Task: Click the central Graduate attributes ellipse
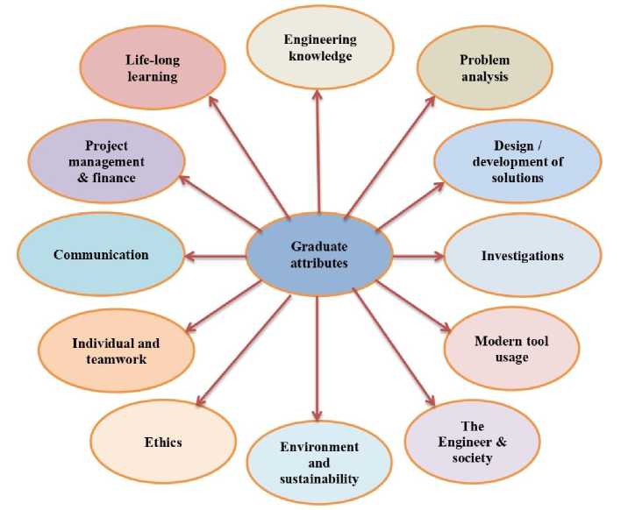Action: click(318, 255)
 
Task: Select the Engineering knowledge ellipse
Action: click(319, 48)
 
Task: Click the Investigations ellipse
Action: click(522, 256)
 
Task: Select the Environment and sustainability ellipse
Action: click(319, 462)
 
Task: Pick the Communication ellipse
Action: click(101, 255)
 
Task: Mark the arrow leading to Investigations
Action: click(418, 257)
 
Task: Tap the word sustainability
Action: click(319, 478)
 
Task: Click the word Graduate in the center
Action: click(319, 245)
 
